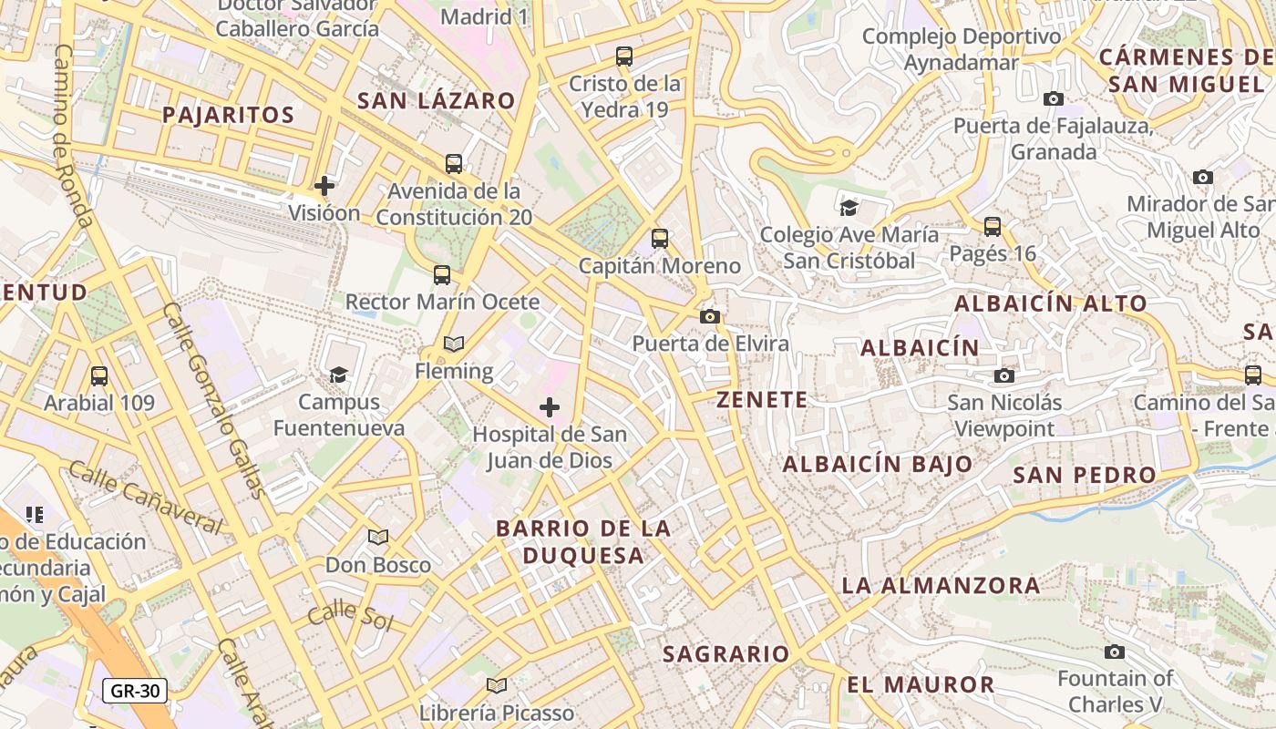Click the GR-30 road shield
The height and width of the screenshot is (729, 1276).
pyautogui.click(x=135, y=691)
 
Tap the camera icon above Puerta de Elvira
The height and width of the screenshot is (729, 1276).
pyautogui.click(x=710, y=316)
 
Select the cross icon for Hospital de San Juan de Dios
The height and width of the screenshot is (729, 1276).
pyautogui.click(x=550, y=407)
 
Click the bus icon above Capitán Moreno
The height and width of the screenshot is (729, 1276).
pyautogui.click(x=660, y=239)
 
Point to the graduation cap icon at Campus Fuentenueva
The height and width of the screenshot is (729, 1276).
pyautogui.click(x=338, y=375)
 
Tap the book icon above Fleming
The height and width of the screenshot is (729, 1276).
pyautogui.click(x=454, y=344)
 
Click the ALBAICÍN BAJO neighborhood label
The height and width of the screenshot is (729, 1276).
pyautogui.click(x=878, y=464)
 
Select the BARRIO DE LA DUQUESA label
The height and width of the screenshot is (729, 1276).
pyautogui.click(x=583, y=541)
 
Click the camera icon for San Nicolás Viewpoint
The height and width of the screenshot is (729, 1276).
pyautogui.click(x=1004, y=375)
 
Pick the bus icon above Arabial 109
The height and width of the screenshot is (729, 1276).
pyautogui.click(x=99, y=375)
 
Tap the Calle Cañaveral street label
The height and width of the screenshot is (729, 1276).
pyautogui.click(x=146, y=498)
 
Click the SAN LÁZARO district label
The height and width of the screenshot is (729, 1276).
pyautogui.click(x=436, y=101)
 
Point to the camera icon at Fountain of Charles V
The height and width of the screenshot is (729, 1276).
pyautogui.click(x=1114, y=652)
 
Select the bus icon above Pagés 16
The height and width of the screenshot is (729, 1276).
pyautogui.click(x=993, y=226)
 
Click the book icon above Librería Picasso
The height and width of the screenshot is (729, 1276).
pyautogui.click(x=497, y=685)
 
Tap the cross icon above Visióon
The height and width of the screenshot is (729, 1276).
pyautogui.click(x=324, y=186)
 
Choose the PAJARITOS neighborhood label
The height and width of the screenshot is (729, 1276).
pyautogui.click(x=228, y=115)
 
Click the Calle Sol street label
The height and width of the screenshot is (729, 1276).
pyautogui.click(x=350, y=616)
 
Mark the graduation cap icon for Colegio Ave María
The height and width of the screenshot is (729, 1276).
pyautogui.click(x=849, y=208)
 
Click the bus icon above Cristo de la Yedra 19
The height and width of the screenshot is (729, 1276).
pyautogui.click(x=624, y=56)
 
